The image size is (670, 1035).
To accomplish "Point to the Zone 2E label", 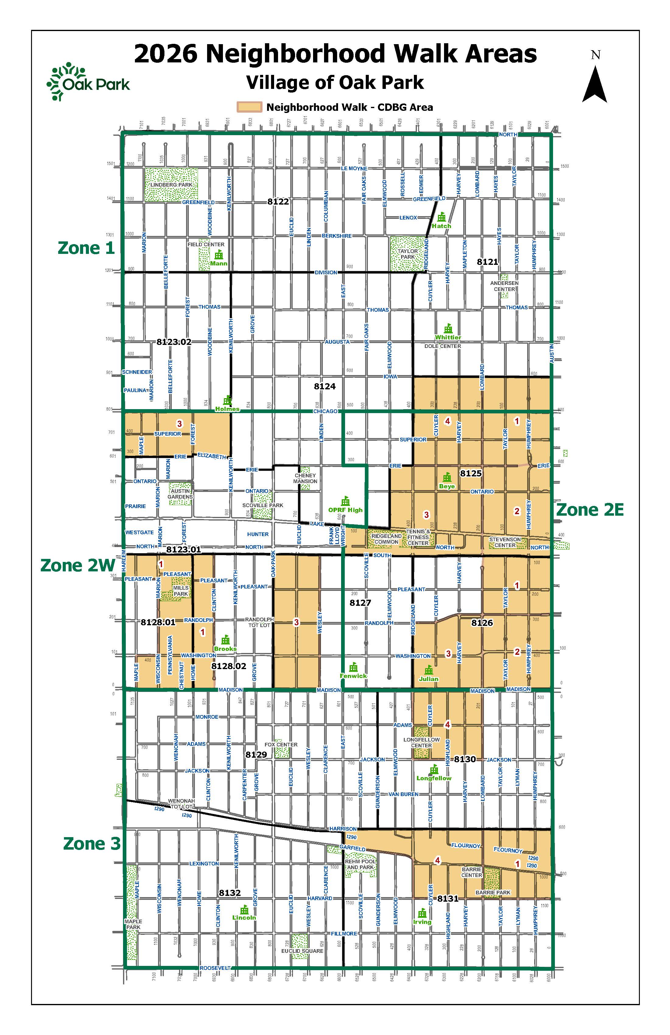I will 590,510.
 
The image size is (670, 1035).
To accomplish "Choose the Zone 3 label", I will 91,843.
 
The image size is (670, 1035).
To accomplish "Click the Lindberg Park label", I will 171,185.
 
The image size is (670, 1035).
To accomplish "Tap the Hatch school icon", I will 442,216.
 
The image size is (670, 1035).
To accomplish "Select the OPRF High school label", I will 345,510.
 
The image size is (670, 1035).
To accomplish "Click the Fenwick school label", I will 353,676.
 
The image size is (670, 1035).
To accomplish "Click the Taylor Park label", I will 408,254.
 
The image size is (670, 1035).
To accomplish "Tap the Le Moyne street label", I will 354,168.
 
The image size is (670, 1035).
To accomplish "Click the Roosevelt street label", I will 215,968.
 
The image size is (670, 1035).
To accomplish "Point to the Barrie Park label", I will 493,892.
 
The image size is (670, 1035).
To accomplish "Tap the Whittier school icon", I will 448,328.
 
